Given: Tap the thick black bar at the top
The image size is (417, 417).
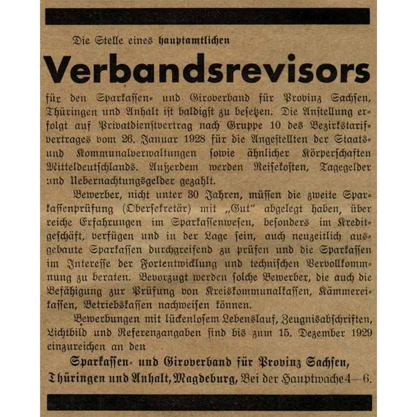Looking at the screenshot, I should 208,16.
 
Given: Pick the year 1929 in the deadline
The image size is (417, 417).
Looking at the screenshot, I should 356,334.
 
